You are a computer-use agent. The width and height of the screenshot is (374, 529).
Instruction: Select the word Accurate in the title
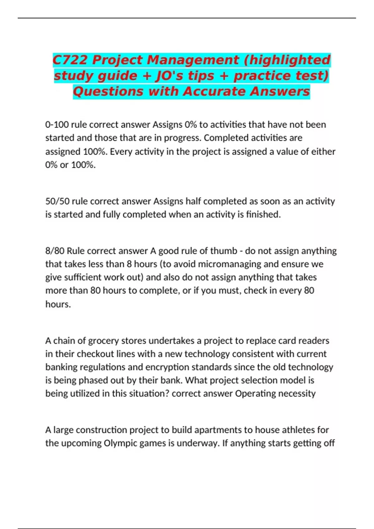tap(214, 92)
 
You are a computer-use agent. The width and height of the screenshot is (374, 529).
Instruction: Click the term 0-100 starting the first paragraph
tap(57, 125)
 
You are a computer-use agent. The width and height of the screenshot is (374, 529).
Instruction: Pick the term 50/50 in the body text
tap(57, 201)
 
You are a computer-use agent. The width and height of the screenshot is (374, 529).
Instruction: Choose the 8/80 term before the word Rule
tap(55, 251)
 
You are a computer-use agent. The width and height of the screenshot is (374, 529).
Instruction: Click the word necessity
tap(297, 394)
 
